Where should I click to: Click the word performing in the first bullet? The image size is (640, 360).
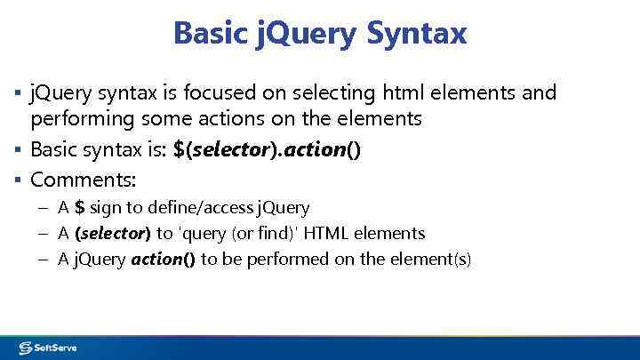pos(80,118)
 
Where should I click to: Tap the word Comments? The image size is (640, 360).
pos(83,180)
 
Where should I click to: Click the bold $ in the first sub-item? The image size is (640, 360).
pos(80,208)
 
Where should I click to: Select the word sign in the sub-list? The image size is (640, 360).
pos(107,208)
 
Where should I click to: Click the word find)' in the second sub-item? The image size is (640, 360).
pos(264,234)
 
